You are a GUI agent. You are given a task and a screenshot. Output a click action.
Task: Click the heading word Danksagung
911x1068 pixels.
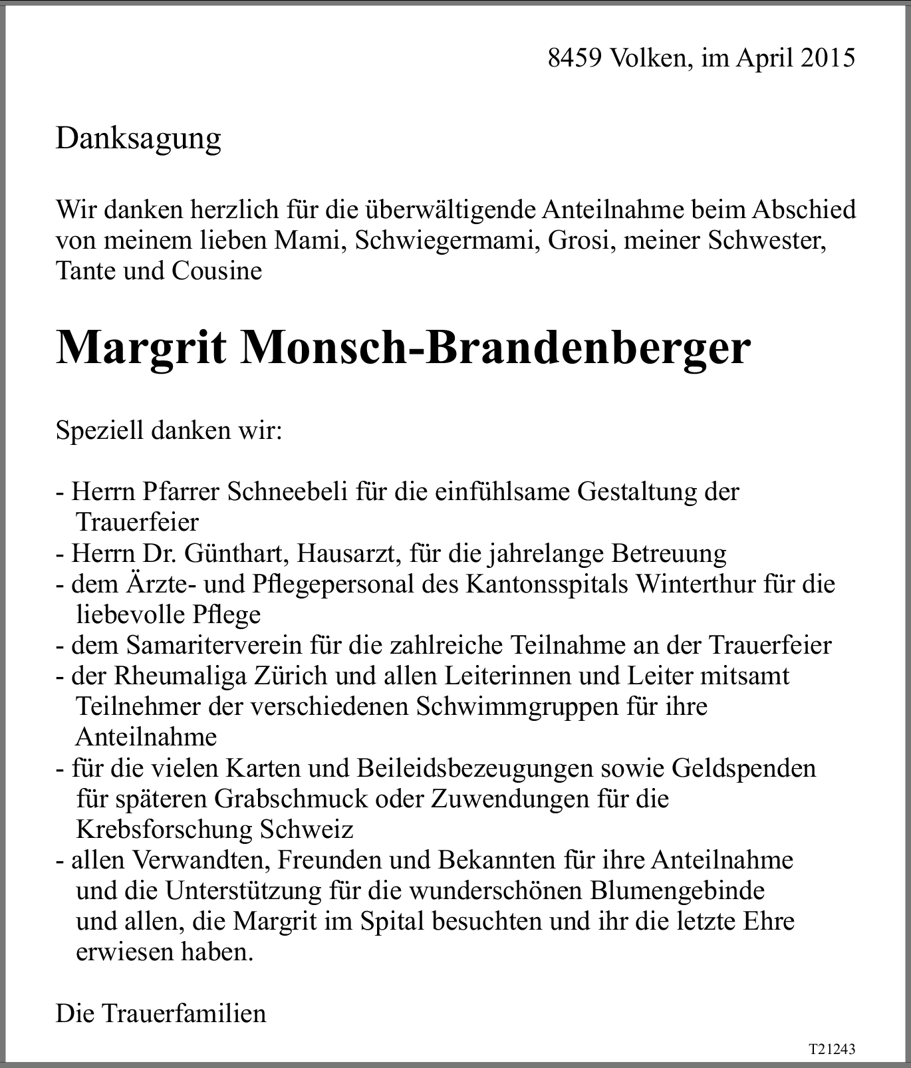click(138, 139)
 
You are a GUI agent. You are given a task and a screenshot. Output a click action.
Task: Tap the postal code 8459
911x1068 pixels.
click(575, 58)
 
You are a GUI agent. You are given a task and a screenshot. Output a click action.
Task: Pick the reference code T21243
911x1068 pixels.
click(831, 1049)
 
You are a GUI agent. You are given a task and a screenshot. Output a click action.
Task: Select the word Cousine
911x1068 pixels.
click(217, 271)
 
